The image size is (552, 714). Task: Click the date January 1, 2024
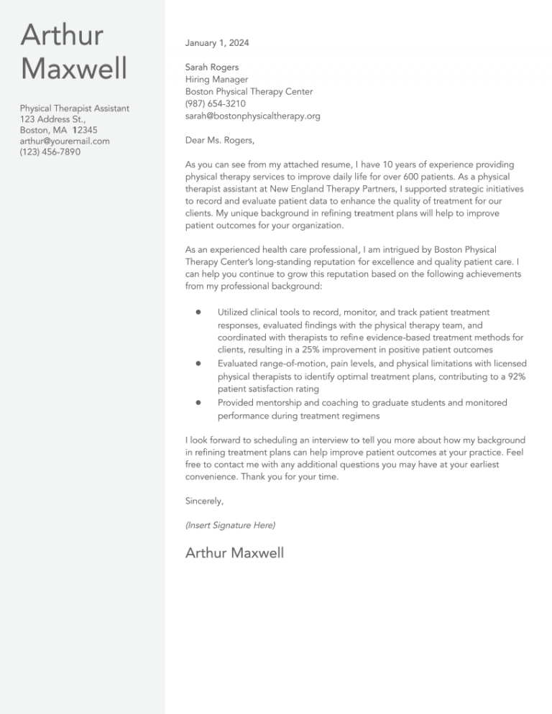pos(217,43)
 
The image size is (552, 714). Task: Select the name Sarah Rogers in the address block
pos(212,68)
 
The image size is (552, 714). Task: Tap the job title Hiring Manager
pos(216,80)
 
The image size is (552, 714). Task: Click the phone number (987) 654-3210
pos(216,103)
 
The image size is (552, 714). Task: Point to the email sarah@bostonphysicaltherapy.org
pos(252,116)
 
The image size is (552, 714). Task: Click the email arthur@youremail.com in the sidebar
pos(65,142)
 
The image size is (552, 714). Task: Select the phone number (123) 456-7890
pos(50,153)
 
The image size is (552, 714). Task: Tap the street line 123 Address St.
pos(53,119)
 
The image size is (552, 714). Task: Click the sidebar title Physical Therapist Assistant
pos(75,108)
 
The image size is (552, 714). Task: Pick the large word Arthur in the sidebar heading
pos(62,35)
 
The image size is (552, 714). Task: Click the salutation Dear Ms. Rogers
pos(220,140)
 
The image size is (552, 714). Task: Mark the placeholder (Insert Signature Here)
pos(230,526)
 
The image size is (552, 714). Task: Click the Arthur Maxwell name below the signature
pos(234,552)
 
